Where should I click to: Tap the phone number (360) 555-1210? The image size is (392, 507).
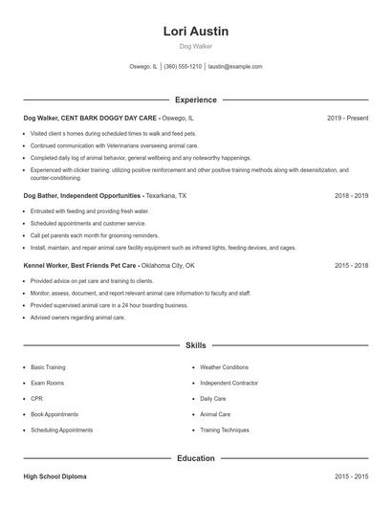[183, 67]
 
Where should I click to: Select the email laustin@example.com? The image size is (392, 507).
[235, 67]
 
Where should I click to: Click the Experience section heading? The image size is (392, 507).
[195, 99]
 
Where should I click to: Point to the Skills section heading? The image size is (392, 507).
[195, 344]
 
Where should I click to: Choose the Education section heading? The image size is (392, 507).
[195, 458]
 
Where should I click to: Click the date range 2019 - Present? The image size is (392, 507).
[347, 118]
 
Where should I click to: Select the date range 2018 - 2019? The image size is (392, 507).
[351, 195]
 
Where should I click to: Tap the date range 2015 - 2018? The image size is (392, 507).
[351, 265]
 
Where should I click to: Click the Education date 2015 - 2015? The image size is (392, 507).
[351, 475]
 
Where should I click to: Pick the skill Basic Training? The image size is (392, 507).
[48, 366]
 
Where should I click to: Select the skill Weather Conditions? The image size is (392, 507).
[224, 366]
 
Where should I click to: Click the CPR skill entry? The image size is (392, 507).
[36, 398]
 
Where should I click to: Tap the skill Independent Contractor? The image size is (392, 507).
[229, 383]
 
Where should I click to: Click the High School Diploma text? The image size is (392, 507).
[55, 475]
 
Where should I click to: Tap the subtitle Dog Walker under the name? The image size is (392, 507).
[195, 46]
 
